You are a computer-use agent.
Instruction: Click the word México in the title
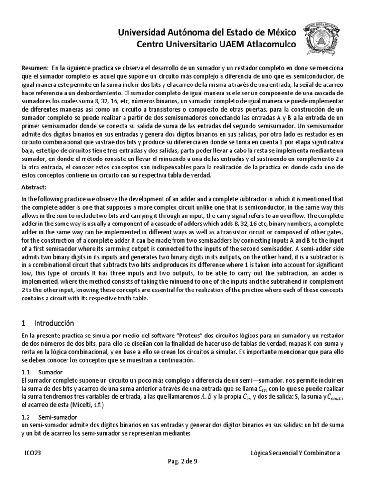[x=278, y=32]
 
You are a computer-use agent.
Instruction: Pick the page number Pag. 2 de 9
[x=182, y=464]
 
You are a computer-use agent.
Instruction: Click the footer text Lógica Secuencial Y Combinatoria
[x=295, y=453]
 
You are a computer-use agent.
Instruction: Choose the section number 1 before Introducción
[x=23, y=323]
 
